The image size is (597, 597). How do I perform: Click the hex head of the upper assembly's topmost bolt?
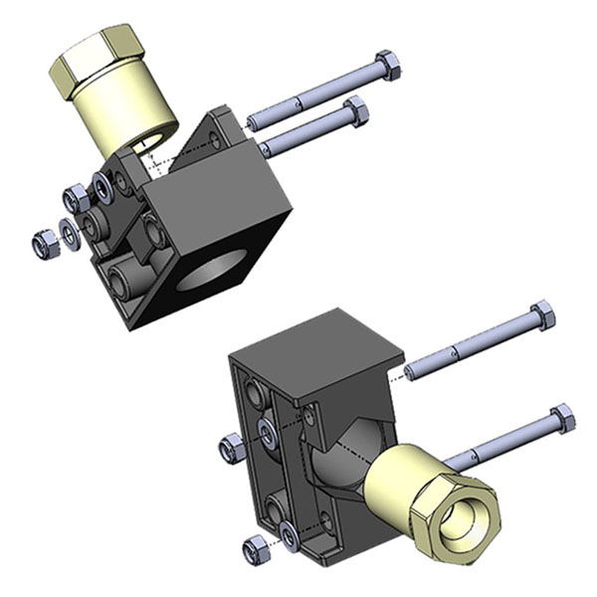[389, 66]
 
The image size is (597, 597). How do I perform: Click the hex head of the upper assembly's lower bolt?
[355, 109]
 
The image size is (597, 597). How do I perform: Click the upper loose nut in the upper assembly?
[76, 198]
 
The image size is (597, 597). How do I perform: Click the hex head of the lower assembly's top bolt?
[542, 316]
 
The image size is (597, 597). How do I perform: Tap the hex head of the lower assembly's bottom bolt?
[562, 418]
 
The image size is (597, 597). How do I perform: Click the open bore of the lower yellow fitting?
[462, 518]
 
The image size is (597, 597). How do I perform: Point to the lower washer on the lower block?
[289, 535]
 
